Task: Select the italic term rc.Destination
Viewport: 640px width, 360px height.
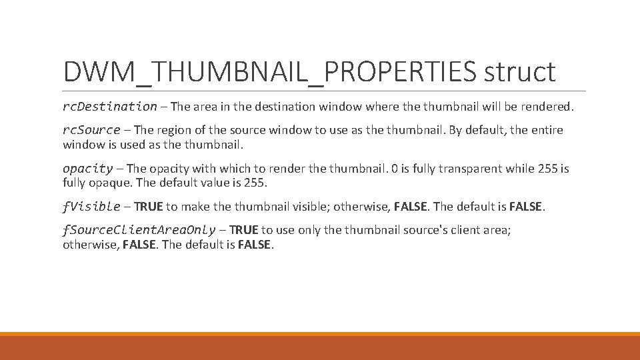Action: pyautogui.click(x=110, y=106)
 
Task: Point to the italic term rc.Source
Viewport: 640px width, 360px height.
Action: pyautogui.click(x=91, y=129)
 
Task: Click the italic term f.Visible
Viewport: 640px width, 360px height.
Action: pyautogui.click(x=91, y=207)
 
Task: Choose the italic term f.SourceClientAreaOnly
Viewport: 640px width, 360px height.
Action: pyautogui.click(x=139, y=230)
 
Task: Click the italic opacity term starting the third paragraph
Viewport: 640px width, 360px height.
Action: pyautogui.click(x=87, y=169)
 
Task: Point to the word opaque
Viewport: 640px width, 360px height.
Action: pyautogui.click(x=105, y=182)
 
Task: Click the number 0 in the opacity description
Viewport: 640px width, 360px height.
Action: pyautogui.click(x=395, y=169)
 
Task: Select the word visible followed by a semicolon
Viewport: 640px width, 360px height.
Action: pyautogui.click(x=308, y=207)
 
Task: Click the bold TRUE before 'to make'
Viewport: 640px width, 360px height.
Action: pyautogui.click(x=149, y=207)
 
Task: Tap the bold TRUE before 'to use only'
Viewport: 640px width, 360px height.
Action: pyautogui.click(x=243, y=230)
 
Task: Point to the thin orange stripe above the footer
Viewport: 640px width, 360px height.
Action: pyautogui.click(x=320, y=334)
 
